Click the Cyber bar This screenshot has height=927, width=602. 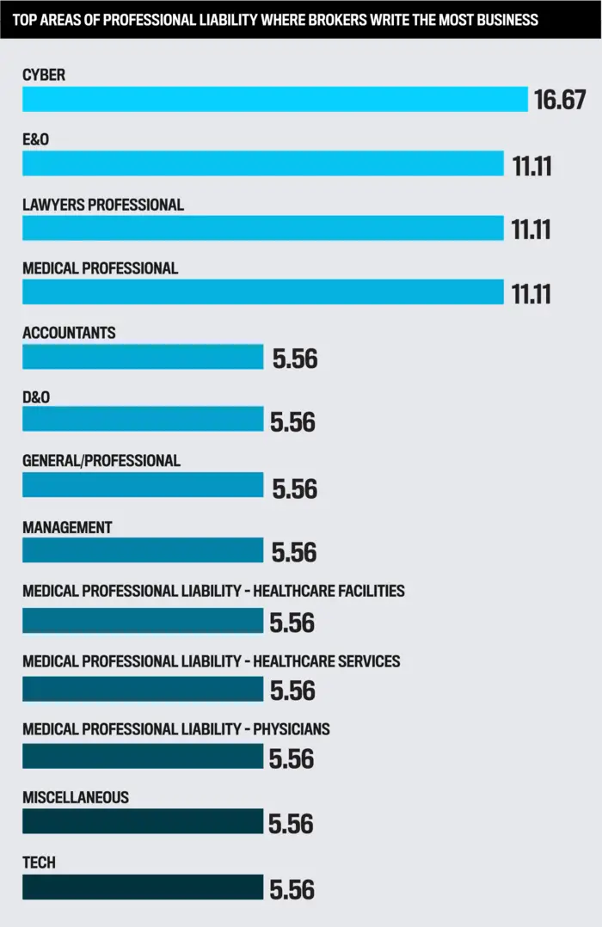coord(274,99)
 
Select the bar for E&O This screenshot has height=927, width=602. coord(262,163)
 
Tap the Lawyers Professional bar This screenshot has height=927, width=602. coord(262,228)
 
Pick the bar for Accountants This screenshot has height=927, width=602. coord(143,356)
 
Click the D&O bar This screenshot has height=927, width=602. coord(143,419)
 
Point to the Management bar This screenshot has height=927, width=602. coord(143,550)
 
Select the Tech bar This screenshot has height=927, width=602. coord(143,887)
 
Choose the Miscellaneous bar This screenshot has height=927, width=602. coord(143,821)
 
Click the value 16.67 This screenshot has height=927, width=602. coord(560,100)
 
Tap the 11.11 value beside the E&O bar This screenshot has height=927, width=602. coord(531,165)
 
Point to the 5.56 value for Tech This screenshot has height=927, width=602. coord(292,889)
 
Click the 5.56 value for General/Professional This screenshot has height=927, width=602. coord(294,488)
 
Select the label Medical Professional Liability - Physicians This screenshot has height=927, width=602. coord(176,729)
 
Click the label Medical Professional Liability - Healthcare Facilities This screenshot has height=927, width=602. coord(213,591)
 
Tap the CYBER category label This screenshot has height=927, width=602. coord(44,76)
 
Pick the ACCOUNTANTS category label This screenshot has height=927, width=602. coord(69,333)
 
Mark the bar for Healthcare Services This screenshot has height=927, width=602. coord(143,689)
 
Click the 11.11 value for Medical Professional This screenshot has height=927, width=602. coord(531,293)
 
